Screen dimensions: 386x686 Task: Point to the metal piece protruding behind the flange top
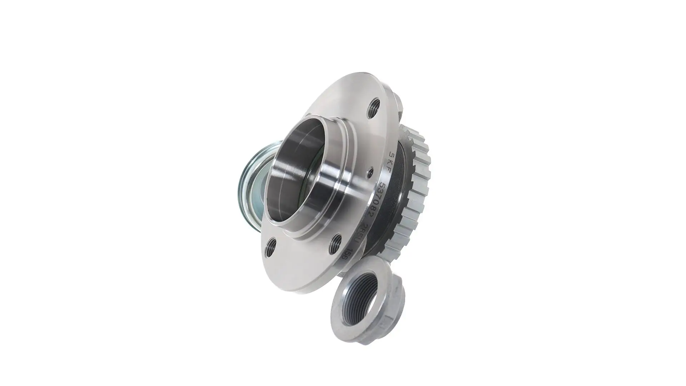point(399,104)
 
